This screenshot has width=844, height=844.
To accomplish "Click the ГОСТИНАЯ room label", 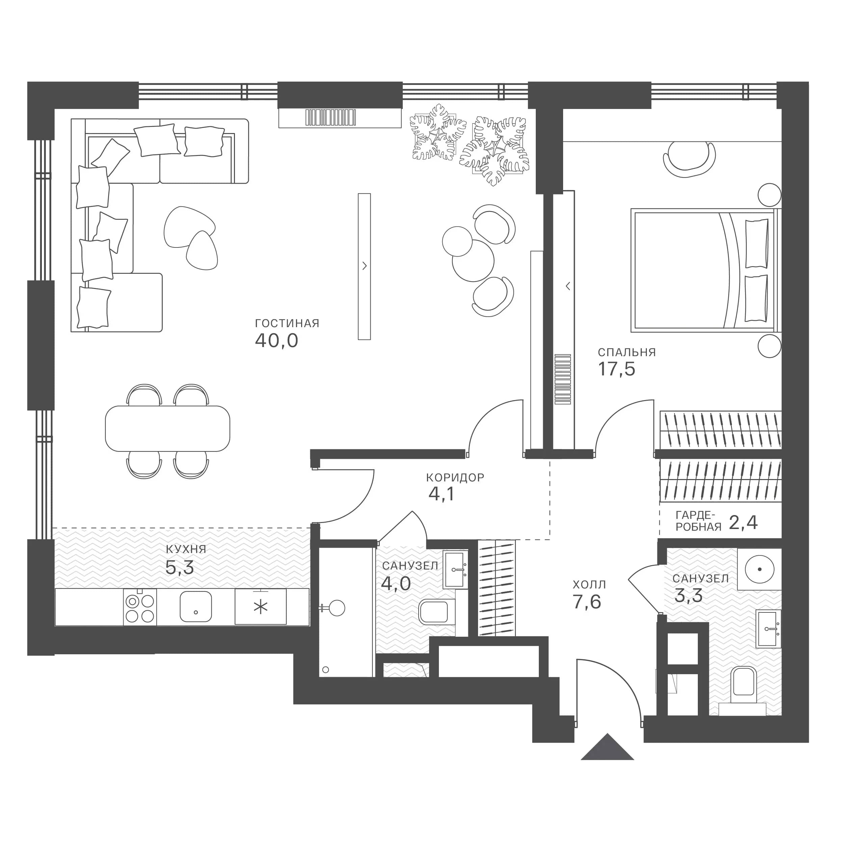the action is pos(287,323).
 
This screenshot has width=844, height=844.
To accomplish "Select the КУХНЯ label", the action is pos(186,549).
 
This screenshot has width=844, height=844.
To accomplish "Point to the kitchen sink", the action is pos(196,606).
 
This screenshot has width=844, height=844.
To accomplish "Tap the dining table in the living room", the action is pos(167,428).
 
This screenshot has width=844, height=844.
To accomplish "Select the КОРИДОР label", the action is pos(455,477).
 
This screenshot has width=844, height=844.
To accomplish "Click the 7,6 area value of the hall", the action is pos(587,602).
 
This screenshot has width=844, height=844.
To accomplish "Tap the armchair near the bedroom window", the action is pos(689,159).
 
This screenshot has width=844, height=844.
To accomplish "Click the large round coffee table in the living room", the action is pos(473,261).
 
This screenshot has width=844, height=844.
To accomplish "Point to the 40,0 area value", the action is pos(276,341).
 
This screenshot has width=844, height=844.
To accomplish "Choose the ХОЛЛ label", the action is pos(589,584).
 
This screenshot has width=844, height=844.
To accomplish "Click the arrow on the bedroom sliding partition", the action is pos(568,287).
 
